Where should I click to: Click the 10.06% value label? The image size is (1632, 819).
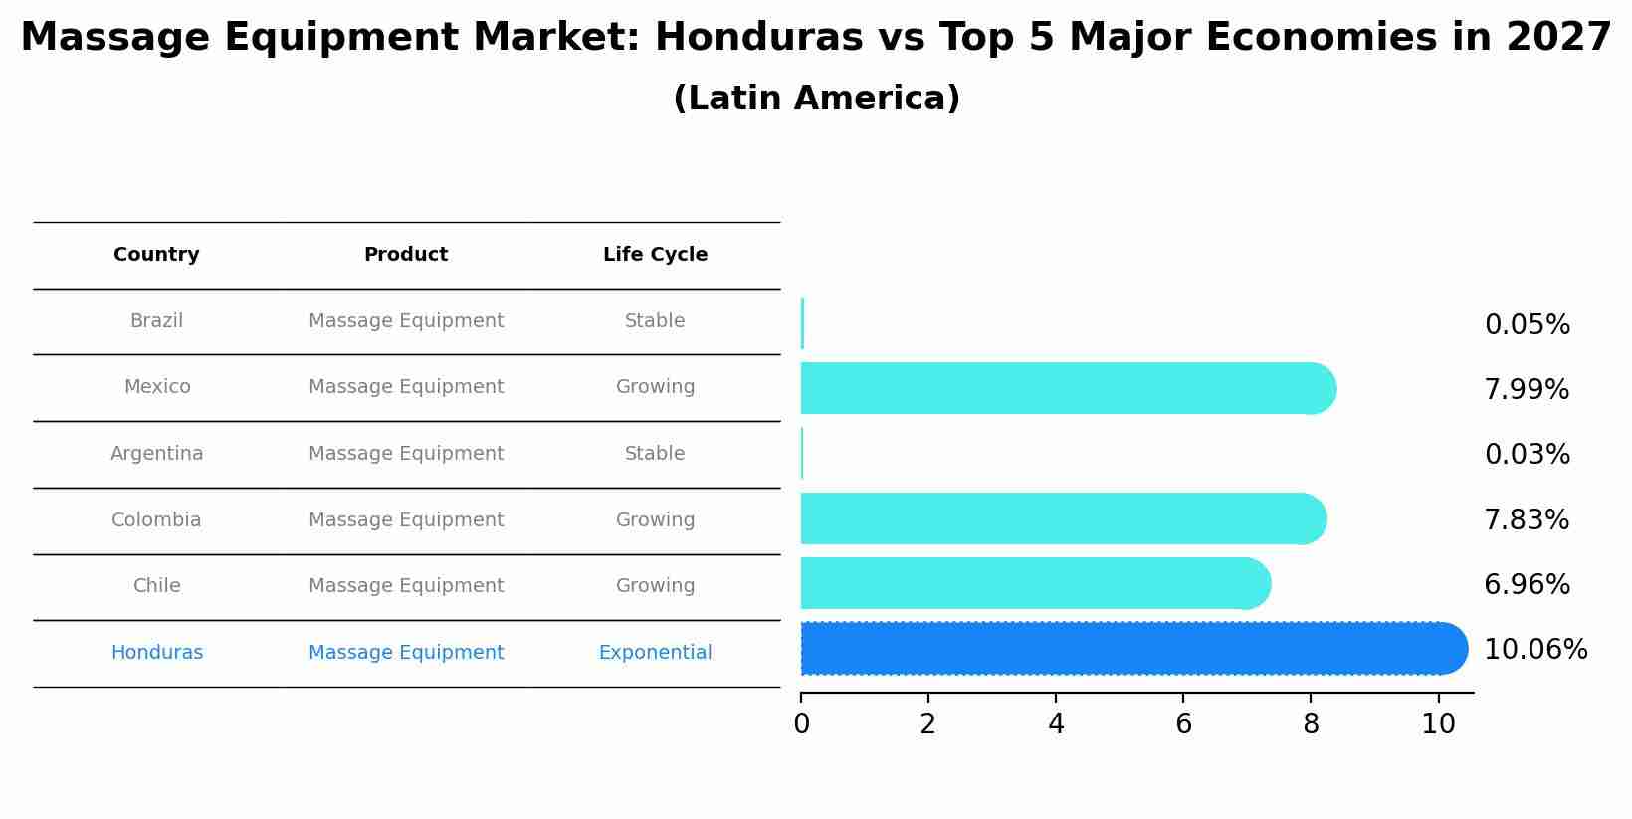[x=1534, y=650]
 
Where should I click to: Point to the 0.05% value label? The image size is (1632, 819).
[x=1527, y=325]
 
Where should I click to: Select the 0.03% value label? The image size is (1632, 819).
[x=1527, y=455]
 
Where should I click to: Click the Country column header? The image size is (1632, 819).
[x=156, y=255]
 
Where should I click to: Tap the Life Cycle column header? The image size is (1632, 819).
[x=655, y=255]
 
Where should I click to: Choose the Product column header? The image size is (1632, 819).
[x=405, y=255]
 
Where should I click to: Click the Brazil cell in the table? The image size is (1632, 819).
[x=156, y=321]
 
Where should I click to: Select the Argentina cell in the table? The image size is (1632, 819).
[x=156, y=454]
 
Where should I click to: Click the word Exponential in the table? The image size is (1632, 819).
[x=655, y=653]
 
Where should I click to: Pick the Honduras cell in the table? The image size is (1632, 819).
[x=156, y=653]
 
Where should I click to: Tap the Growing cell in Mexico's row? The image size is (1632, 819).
[x=655, y=387]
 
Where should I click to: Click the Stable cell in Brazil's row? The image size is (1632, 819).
[x=655, y=321]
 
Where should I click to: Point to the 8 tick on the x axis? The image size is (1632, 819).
[x=1311, y=724]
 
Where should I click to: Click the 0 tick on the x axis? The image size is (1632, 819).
[x=801, y=724]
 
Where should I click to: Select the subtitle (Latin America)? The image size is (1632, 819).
[x=816, y=99]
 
